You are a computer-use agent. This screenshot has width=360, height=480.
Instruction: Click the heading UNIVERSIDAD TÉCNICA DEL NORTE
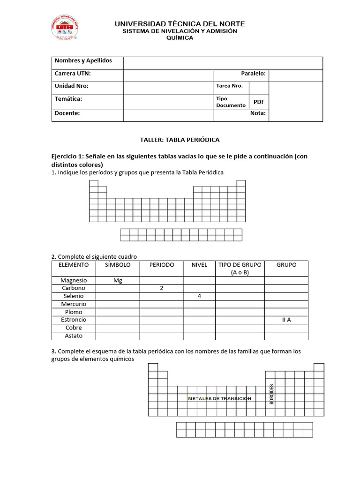(180, 23)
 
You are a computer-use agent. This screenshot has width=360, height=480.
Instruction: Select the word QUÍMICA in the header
(180, 38)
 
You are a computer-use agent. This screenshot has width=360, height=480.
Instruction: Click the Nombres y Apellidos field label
(83, 61)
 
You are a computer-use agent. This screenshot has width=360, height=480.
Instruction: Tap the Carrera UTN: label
(73, 74)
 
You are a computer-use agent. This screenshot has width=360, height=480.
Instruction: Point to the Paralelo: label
(253, 74)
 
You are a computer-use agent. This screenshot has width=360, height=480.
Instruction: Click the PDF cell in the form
(259, 102)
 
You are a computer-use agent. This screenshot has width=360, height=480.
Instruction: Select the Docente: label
(67, 113)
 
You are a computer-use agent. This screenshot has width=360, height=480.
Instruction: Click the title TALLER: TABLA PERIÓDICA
(180, 140)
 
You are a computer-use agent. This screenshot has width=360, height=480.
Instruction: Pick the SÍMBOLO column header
(117, 265)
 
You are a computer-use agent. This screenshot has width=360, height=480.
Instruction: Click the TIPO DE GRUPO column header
(240, 268)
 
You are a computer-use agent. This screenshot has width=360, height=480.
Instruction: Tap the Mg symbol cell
(118, 280)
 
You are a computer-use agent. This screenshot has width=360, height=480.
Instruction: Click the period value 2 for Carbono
(161, 288)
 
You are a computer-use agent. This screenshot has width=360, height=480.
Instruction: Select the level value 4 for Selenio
(199, 296)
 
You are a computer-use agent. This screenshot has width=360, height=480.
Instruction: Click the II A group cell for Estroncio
(286, 320)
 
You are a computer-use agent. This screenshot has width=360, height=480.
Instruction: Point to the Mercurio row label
(74, 304)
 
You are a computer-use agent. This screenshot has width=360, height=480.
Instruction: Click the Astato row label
(74, 336)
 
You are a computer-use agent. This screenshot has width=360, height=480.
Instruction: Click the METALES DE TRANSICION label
(219, 398)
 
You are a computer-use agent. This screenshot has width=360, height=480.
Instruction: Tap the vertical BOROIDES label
(271, 394)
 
